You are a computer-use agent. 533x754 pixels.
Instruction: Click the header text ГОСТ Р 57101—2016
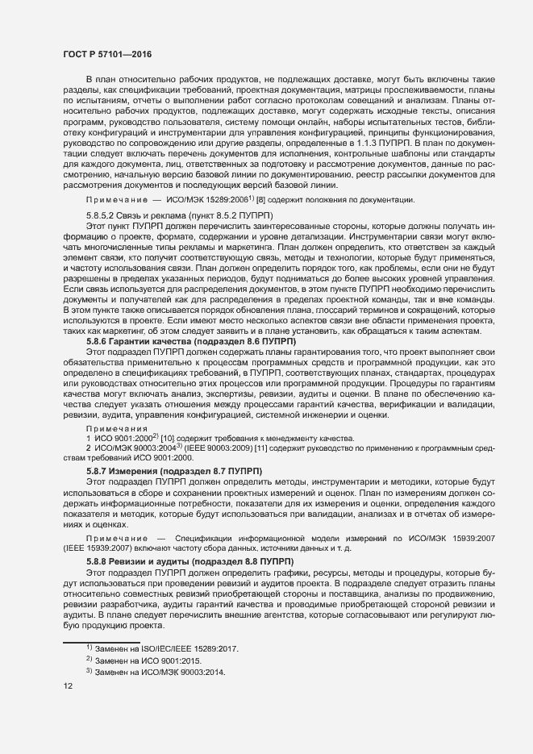click(x=106, y=54)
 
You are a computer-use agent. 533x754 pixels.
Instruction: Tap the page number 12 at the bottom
click(x=69, y=685)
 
